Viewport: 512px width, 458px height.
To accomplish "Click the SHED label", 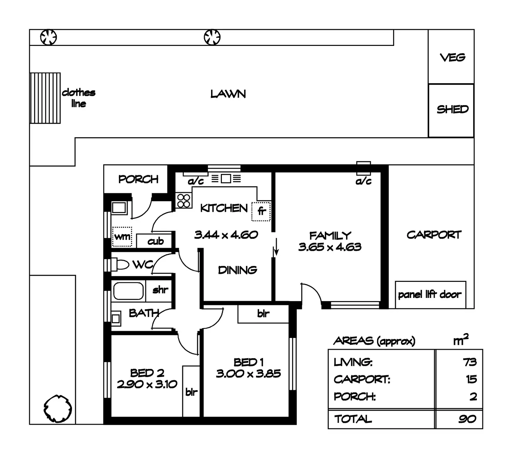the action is click(453, 109).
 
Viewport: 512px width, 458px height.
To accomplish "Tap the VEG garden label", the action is click(453, 57).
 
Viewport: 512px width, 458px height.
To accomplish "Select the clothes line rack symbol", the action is click(45, 98).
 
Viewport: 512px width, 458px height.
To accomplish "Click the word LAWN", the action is click(228, 94).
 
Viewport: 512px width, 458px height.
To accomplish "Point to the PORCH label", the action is click(138, 179).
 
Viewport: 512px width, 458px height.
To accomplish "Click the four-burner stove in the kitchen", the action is click(183, 200).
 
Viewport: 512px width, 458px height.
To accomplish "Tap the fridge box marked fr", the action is click(261, 211).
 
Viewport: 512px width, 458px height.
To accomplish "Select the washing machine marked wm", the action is click(122, 237).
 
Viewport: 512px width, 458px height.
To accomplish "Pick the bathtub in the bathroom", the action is click(128, 291).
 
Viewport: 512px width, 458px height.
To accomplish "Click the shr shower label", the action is click(160, 290).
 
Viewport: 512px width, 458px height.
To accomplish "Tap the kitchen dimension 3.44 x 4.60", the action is click(226, 235).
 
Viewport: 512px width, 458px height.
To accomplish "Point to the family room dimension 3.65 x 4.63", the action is click(330, 247).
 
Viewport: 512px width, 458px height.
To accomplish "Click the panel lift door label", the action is click(430, 294).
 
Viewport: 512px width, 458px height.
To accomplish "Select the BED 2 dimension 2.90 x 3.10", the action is click(147, 385).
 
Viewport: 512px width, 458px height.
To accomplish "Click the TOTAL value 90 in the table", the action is click(467, 419).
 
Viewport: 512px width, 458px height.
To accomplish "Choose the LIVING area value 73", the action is click(470, 362).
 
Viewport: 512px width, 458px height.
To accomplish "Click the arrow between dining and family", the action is click(277, 247).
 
